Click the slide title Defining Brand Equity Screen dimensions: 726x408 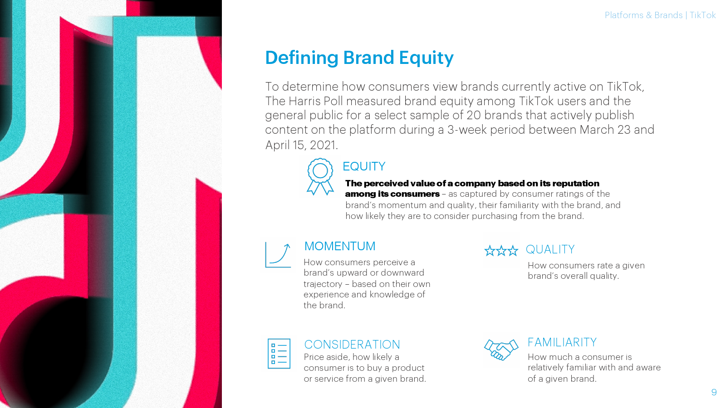click(x=359, y=58)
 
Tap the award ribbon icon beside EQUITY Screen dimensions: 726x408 click(x=320, y=176)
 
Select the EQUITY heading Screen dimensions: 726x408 click(x=364, y=166)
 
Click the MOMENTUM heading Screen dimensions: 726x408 click(x=340, y=246)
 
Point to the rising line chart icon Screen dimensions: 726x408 click(x=278, y=255)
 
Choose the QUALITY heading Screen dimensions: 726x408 click(x=550, y=249)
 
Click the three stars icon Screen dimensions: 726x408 click(x=501, y=251)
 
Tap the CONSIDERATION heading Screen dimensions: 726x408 click(x=352, y=345)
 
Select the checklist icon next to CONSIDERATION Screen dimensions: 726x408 click(x=279, y=354)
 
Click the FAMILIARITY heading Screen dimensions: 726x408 click(x=562, y=342)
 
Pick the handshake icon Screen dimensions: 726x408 click(x=501, y=350)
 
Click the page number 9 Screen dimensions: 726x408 click(x=714, y=393)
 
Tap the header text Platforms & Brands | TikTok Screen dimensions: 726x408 click(x=660, y=15)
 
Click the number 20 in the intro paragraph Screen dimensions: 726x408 click(x=474, y=115)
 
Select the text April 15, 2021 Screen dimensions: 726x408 click(x=301, y=145)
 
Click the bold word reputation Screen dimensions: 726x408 click(x=576, y=184)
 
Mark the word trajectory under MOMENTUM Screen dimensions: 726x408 click(x=323, y=284)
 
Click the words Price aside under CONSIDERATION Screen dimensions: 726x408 click(x=327, y=357)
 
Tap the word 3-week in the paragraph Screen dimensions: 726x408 click(x=467, y=130)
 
